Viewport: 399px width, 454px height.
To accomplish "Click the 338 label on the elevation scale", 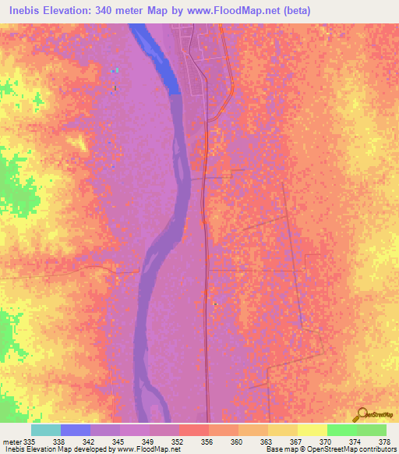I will point(59,441).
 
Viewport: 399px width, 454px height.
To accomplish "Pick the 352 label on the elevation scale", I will point(178,441).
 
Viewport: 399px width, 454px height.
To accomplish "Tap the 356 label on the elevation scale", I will point(207,441).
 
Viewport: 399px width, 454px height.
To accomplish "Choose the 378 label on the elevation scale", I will point(384,441).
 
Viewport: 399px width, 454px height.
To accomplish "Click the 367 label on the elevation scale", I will point(295,441).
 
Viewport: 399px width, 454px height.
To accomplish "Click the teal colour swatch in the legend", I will point(46,430).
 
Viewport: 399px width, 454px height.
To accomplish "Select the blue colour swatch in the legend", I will point(76,430).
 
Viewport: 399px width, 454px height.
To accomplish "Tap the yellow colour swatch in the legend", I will point(312,430).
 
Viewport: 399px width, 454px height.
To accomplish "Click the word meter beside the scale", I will point(11,441).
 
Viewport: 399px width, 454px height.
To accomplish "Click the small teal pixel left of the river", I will point(115,71).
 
